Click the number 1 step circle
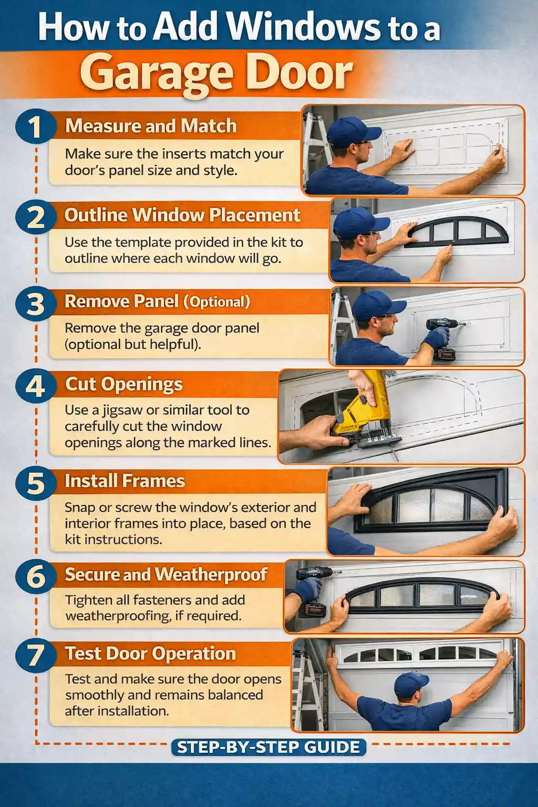coord(35,127)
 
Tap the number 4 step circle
coord(35,387)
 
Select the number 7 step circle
coord(35,655)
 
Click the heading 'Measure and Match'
coord(151,126)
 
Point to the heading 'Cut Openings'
coord(124,384)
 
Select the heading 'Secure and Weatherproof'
coord(166,574)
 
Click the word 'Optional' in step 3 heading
coord(216,302)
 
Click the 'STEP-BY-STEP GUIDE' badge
coord(268,747)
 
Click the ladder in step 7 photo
coord(306,688)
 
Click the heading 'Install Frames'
coord(125,481)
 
